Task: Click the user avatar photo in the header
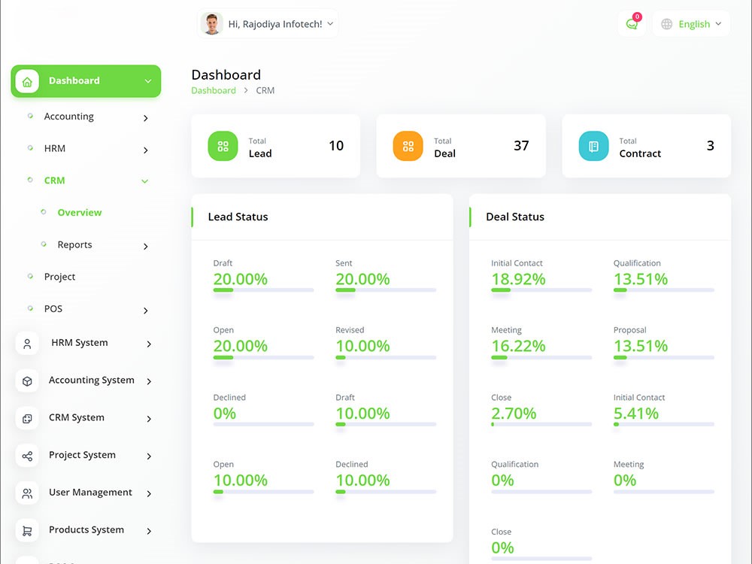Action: pos(211,24)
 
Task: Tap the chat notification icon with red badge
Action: pos(632,23)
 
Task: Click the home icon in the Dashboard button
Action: pos(27,81)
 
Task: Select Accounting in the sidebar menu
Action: pos(69,117)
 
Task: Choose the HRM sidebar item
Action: pos(55,149)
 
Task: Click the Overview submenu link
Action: pos(80,213)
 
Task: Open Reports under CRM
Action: pos(74,244)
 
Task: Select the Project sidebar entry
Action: pos(59,277)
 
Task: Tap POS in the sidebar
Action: pos(53,309)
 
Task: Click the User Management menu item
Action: pos(90,493)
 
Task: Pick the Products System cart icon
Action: pos(27,530)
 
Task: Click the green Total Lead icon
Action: pos(223,146)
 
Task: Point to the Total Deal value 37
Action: pos(521,146)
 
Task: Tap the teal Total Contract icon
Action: pos(594,146)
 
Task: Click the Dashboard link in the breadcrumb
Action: pos(214,91)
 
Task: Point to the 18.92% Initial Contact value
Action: pos(518,279)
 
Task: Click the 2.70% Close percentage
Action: pos(514,414)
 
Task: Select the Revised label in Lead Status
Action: pos(350,330)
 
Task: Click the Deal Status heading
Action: pos(515,217)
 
